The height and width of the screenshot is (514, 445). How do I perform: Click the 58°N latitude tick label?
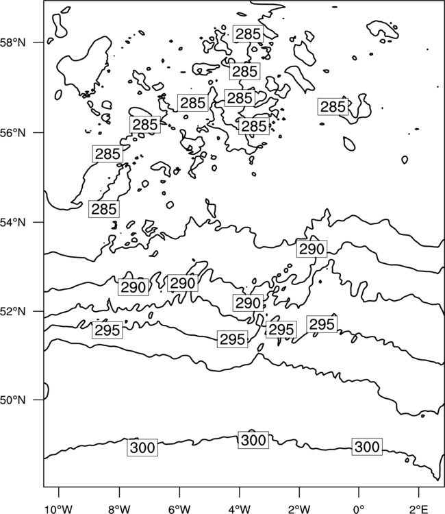click(13, 42)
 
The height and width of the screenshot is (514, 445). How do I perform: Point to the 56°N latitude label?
click(13, 133)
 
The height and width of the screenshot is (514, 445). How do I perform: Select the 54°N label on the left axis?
click(13, 223)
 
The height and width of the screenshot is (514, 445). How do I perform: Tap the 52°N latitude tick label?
click(13, 311)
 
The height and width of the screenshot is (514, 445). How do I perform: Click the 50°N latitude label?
click(13, 400)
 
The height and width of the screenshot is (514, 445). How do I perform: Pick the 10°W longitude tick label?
click(59, 509)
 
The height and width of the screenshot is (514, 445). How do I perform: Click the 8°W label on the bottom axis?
click(119, 509)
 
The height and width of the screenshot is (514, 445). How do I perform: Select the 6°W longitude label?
click(179, 509)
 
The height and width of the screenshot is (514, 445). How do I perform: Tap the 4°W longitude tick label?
click(240, 509)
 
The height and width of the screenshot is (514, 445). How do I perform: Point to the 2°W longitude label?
click(299, 509)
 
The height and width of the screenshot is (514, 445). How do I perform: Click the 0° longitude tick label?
click(359, 509)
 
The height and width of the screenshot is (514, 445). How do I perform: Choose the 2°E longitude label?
click(419, 509)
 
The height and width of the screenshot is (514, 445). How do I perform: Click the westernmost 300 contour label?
click(142, 448)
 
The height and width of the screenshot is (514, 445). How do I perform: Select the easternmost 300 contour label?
click(367, 446)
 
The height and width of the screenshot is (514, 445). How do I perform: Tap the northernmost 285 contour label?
click(249, 34)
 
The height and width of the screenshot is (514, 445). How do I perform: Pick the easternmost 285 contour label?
click(333, 107)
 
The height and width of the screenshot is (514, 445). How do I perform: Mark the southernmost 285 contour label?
click(104, 209)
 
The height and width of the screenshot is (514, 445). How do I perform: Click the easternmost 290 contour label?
click(311, 249)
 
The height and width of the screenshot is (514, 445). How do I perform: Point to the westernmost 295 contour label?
click(107, 330)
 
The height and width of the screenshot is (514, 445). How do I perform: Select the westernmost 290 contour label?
click(133, 287)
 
